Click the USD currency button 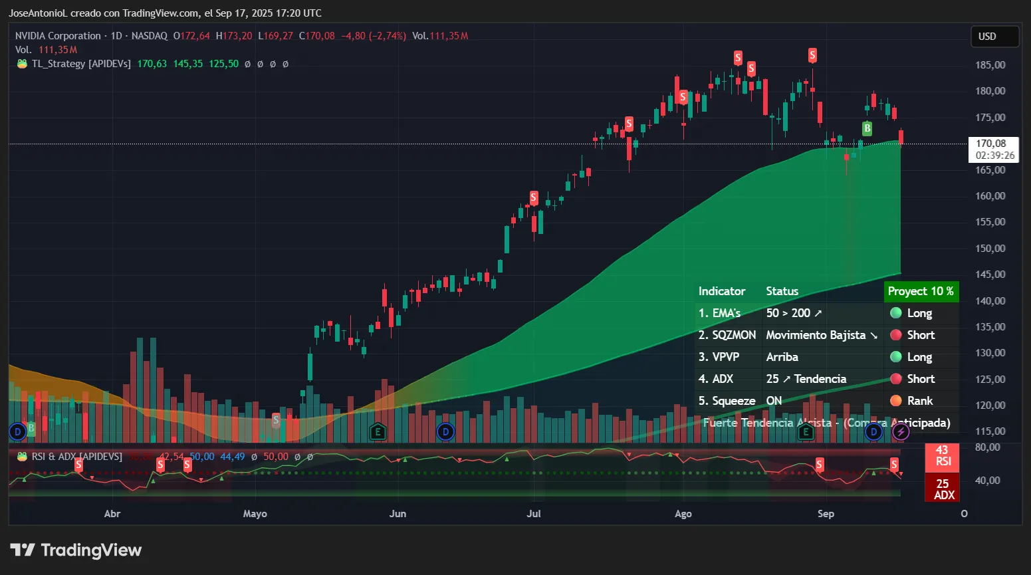click(994, 37)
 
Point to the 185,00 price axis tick click(990, 65)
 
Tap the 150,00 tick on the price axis click(990, 249)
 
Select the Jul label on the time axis click(533, 514)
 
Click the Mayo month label click(255, 514)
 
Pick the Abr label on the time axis click(112, 514)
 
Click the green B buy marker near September click(867, 128)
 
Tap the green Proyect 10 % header click(921, 291)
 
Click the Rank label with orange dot click(919, 401)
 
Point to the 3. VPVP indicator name click(719, 357)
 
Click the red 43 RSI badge click(942, 456)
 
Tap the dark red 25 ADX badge click(943, 489)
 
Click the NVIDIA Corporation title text click(58, 36)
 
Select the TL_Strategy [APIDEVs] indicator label click(81, 64)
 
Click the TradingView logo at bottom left click(76, 550)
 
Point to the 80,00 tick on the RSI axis click(987, 447)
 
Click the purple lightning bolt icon click(901, 432)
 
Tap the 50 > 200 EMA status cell click(794, 313)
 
